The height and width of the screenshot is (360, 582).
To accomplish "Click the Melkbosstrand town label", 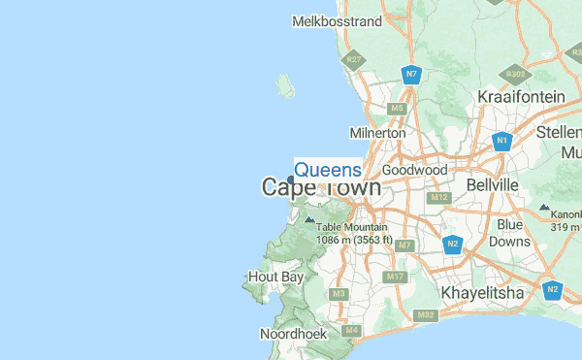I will [337, 20].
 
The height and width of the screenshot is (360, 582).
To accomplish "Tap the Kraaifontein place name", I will [521, 97].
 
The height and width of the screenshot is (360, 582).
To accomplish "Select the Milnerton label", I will [377, 132].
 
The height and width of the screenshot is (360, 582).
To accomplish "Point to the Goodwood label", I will [414, 170].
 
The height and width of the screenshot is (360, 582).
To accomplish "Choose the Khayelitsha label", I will [482, 292].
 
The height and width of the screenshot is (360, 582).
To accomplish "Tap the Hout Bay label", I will [276, 277].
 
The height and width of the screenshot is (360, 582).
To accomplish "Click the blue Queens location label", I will [328, 170].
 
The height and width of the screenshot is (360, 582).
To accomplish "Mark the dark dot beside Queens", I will [291, 179].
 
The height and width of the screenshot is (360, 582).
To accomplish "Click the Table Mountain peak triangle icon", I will [309, 220].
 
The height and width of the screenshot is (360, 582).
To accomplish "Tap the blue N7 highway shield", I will [411, 74].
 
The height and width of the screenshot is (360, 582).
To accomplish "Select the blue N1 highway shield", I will [501, 142].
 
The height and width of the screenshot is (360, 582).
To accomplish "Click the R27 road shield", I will [354, 60].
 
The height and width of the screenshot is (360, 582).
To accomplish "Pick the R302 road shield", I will [515, 74].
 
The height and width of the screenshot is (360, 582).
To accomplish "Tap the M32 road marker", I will [425, 314].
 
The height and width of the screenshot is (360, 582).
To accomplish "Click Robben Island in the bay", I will [285, 85].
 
